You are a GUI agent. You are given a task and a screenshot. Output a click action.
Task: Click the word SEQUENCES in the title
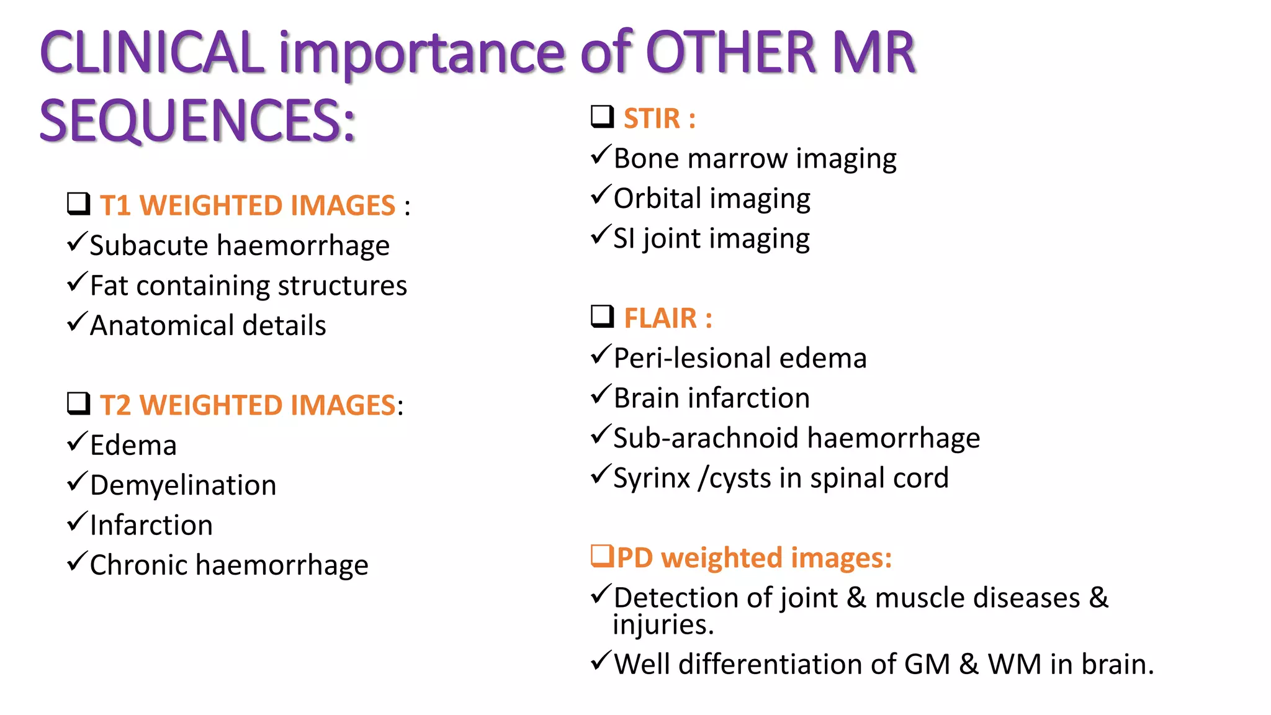coord(197,121)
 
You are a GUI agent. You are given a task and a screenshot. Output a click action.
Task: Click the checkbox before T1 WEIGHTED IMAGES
coord(79,204)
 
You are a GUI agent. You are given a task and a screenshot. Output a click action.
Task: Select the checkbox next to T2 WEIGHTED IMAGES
coord(79,403)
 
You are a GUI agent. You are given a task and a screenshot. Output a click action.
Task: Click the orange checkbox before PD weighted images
coord(602,555)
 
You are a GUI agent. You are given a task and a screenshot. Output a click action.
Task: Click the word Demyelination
coord(183,485)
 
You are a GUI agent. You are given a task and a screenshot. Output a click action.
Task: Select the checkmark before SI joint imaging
coord(600,235)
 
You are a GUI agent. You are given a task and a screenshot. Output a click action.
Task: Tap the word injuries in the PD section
coord(662,625)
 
